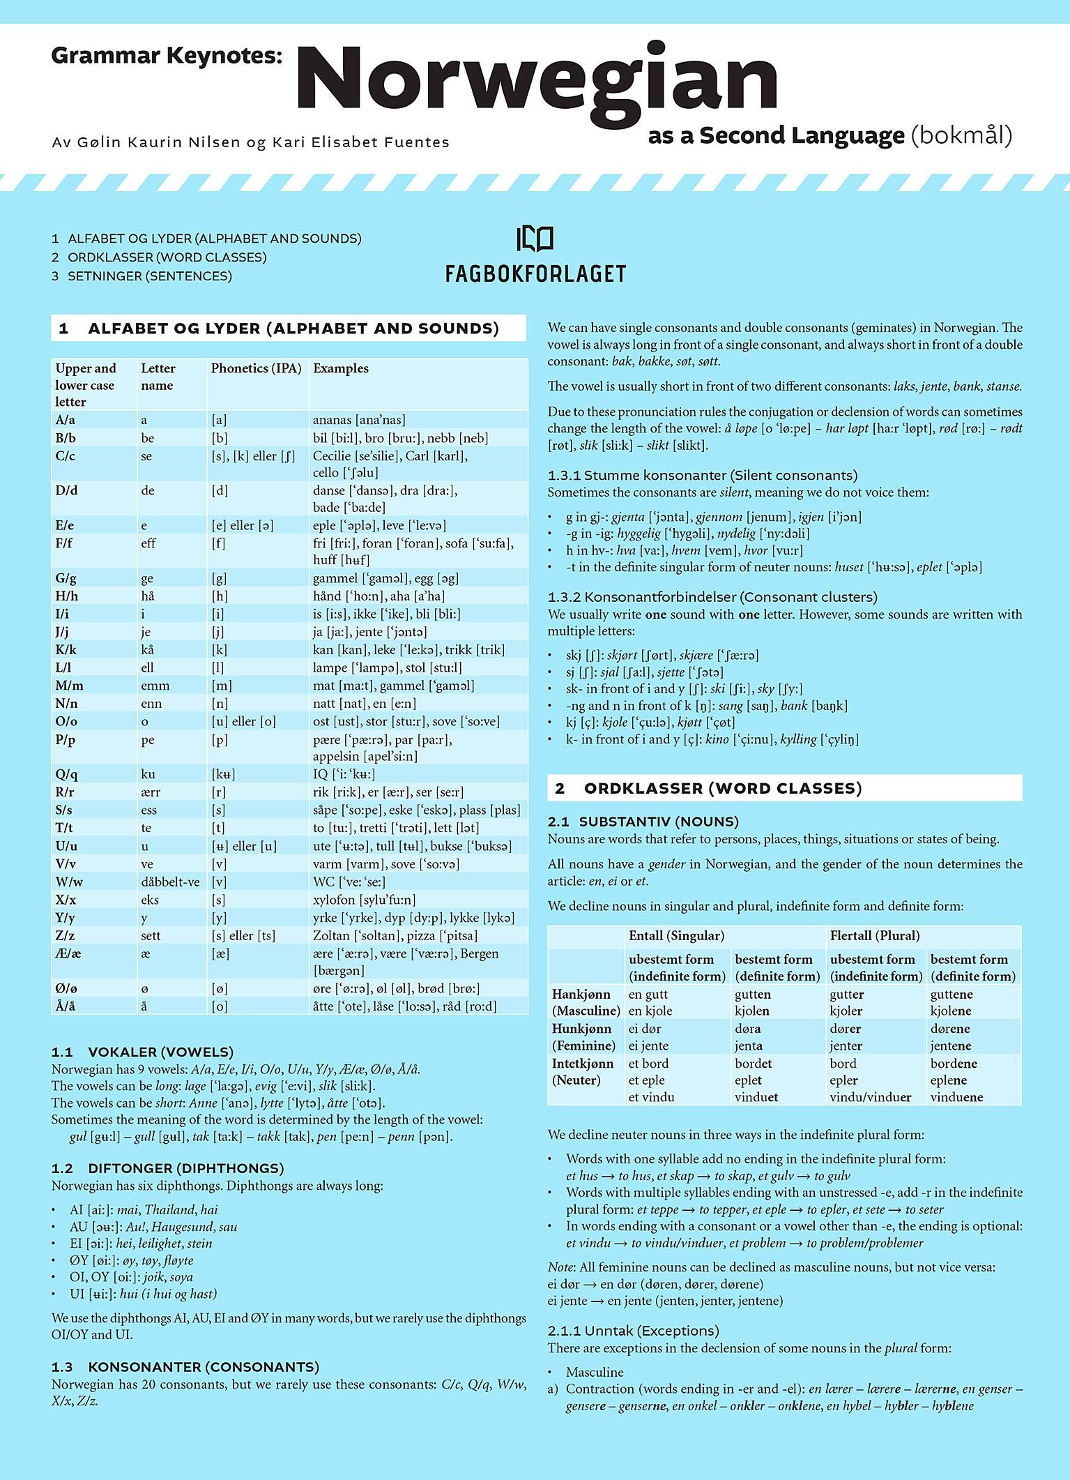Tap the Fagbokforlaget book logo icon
[535, 239]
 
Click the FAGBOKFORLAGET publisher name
[535, 273]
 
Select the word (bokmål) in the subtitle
[961, 135]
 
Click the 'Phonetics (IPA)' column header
[256, 368]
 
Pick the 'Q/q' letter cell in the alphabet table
[66, 774]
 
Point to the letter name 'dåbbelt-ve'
[170, 882]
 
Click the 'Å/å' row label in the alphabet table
[66, 1006]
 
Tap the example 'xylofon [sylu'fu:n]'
[374, 900]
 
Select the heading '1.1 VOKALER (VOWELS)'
[142, 1052]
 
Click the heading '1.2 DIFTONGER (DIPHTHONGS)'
[167, 1168]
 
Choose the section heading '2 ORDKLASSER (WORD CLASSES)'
[708, 788]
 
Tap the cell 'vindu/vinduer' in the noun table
[870, 1097]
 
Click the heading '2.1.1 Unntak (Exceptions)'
[634, 1331]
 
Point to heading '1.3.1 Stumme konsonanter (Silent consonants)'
[702, 476]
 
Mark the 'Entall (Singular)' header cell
[676, 935]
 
